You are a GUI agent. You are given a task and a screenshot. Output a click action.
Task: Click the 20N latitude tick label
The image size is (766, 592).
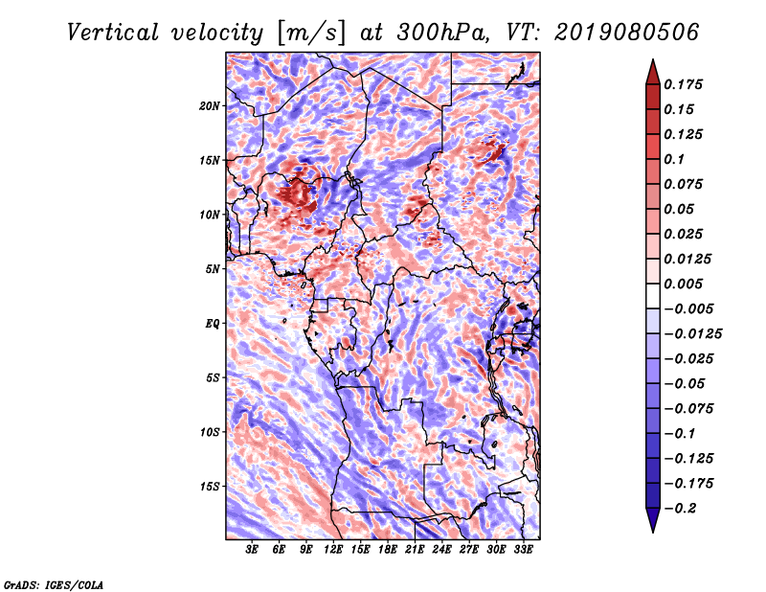tap(210, 106)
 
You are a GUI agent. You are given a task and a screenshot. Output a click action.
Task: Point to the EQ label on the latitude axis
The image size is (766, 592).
tap(212, 324)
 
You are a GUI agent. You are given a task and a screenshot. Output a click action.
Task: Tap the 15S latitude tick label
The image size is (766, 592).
tap(210, 487)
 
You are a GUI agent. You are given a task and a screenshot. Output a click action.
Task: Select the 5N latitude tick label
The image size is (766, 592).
tap(213, 269)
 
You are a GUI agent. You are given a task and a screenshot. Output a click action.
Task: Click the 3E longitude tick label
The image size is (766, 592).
tap(252, 550)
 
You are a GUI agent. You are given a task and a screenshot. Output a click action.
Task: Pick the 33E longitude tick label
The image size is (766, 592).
tap(523, 550)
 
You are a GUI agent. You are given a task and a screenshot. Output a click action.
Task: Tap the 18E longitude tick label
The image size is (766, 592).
tap(388, 550)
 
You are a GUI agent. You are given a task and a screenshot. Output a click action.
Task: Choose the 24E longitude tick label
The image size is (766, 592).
tap(441, 550)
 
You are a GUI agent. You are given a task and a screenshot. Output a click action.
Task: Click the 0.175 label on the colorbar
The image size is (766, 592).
tap(683, 84)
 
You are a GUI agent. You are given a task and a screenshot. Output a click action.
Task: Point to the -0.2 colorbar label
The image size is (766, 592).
tap(680, 509)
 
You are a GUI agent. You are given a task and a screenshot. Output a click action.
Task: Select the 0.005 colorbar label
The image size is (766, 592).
tap(683, 284)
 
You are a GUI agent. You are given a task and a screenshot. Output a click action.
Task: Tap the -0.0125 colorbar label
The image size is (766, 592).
tap(692, 334)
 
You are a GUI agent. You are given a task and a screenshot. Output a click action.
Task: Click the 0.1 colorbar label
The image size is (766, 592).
tap(674, 159)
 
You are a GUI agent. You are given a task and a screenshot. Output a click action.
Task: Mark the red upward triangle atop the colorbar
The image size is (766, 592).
tap(653, 72)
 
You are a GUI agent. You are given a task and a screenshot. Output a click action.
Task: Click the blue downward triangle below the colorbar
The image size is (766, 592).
tap(653, 520)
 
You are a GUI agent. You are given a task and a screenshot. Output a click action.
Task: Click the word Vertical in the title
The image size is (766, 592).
tap(113, 33)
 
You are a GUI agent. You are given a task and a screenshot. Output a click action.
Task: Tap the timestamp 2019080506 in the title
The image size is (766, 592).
tap(627, 33)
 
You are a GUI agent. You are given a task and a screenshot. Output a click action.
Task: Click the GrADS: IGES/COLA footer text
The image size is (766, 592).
tap(54, 584)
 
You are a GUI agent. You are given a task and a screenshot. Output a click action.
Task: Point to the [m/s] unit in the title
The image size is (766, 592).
tap(311, 34)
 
